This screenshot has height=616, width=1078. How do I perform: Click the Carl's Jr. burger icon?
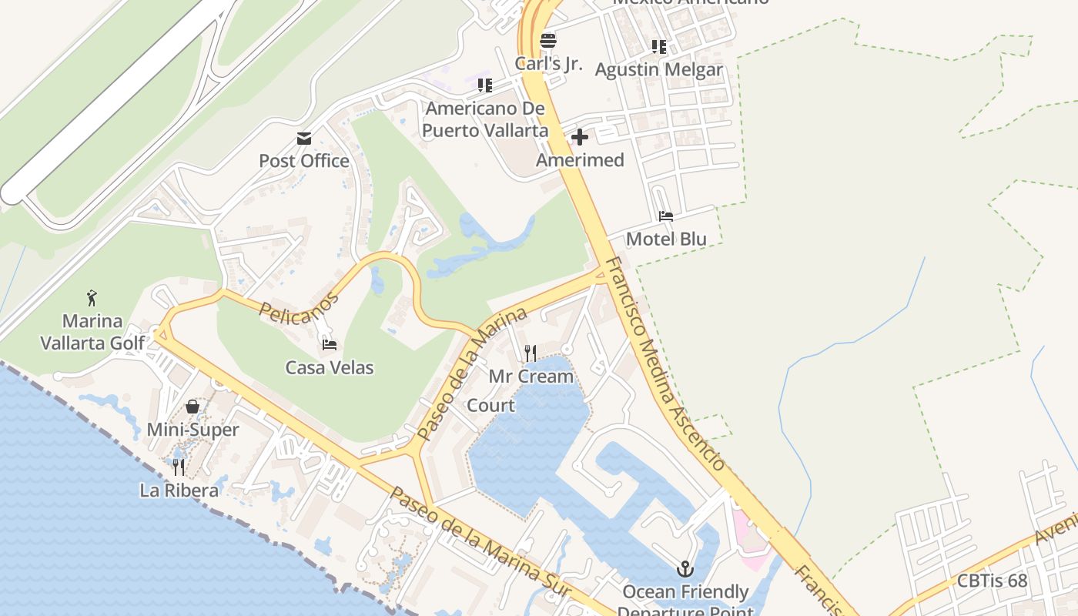(x=547, y=40)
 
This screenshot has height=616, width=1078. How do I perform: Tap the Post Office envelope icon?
(x=304, y=139)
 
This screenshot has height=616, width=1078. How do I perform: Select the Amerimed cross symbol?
(x=580, y=137)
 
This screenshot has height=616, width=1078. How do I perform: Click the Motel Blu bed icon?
(x=666, y=216)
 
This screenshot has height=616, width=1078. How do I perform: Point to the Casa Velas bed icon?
(x=330, y=345)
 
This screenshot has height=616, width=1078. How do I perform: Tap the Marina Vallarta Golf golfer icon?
(x=92, y=297)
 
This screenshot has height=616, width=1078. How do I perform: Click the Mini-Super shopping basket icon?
(x=192, y=407)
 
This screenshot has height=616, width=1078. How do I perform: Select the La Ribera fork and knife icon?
(x=179, y=467)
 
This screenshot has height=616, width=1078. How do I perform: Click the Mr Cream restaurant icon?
(x=531, y=353)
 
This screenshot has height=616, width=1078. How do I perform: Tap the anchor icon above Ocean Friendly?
(x=685, y=570)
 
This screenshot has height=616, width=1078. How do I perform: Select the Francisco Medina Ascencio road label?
(x=664, y=363)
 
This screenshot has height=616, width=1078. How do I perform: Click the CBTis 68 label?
(x=993, y=581)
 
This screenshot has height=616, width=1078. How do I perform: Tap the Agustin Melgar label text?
(x=659, y=69)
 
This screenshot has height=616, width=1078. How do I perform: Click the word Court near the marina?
(x=491, y=405)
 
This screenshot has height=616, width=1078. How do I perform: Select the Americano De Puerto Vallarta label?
(x=485, y=119)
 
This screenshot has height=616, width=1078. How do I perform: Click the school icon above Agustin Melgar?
(x=659, y=47)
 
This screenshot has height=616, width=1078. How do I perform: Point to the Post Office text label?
(x=304, y=161)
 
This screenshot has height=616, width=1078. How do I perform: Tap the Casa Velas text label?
(x=330, y=368)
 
